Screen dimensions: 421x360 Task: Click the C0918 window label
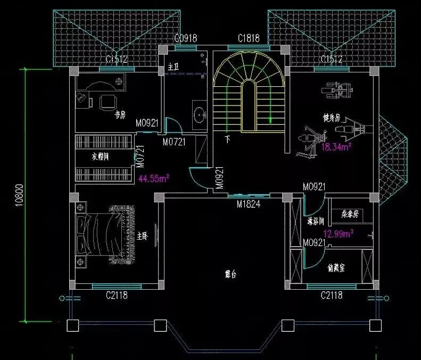tap(186, 38)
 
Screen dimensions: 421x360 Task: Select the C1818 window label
tap(249, 38)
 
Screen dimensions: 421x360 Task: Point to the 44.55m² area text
tap(154, 178)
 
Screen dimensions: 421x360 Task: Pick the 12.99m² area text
tap(339, 233)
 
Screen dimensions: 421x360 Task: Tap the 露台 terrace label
tap(230, 275)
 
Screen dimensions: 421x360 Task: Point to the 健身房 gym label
tap(331, 117)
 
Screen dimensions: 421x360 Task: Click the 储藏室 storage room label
tap(336, 268)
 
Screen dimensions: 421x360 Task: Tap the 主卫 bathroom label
tap(173, 68)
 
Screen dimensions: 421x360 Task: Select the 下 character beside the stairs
tap(227, 140)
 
